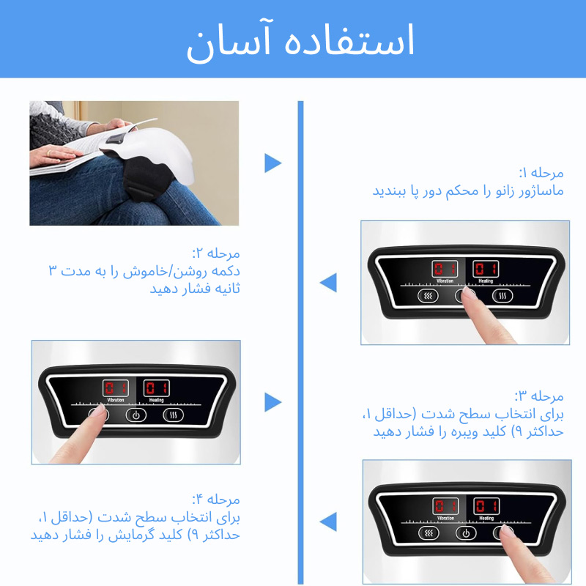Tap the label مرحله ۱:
point(541,173)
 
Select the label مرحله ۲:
point(216,253)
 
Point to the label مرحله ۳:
point(539,396)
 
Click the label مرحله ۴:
point(216,500)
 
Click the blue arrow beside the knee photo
point(272,163)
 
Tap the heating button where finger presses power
point(502,296)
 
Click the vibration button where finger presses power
point(428,296)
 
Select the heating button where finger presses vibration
point(174,415)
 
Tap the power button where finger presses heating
point(466,533)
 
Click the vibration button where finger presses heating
point(429,533)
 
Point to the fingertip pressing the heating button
point(505,530)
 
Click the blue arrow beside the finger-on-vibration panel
point(272,401)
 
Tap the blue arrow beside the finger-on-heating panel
point(328,522)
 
